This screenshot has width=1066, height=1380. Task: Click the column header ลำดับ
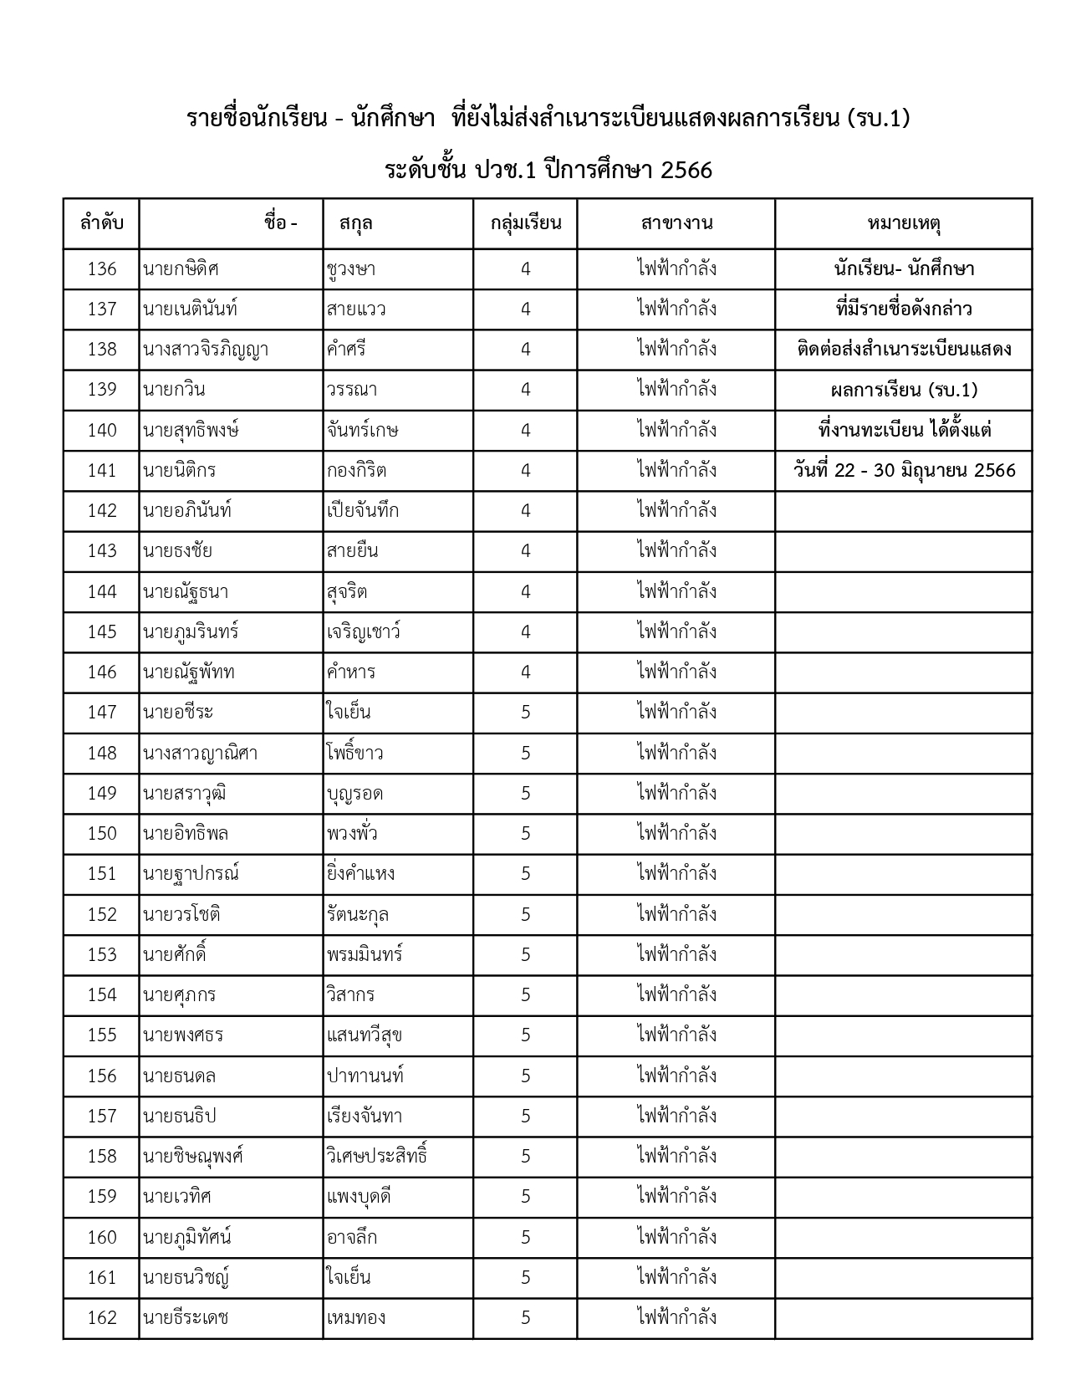[x=101, y=223]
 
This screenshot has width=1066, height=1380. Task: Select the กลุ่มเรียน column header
[x=525, y=223]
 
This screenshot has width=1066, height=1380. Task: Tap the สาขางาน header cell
[x=676, y=223]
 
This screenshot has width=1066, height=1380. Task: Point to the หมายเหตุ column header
[x=904, y=223]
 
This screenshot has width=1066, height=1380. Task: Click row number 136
[x=102, y=268]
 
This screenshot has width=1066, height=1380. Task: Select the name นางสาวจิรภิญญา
[x=206, y=350]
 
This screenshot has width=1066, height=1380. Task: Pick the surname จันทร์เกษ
[x=363, y=431]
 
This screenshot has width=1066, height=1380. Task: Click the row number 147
[x=102, y=713]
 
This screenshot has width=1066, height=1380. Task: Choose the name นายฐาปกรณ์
[x=191, y=874]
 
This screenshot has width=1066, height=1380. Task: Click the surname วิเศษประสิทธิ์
[x=378, y=1157]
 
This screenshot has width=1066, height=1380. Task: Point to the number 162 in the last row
[x=102, y=1318]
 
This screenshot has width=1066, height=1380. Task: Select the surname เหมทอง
[x=356, y=1318]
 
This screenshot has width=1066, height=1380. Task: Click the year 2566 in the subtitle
[x=686, y=171]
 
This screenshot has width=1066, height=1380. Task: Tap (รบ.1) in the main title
[x=878, y=119]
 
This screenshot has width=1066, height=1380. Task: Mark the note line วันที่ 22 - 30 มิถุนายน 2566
[x=904, y=471]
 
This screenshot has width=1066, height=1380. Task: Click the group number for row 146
[x=525, y=672]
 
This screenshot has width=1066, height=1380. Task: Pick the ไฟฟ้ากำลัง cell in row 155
[x=676, y=1035]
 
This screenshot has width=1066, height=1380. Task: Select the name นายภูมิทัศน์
[x=187, y=1237]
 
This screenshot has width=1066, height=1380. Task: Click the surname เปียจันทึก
[x=363, y=511]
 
